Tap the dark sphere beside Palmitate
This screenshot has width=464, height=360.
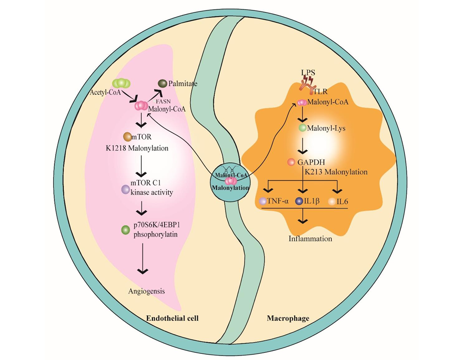coord(162,83)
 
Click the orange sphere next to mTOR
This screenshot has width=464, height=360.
coord(128,137)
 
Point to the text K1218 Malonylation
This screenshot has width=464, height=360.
coord(137,148)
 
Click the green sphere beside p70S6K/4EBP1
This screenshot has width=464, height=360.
coord(126,230)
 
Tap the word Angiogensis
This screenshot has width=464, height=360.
coord(146,291)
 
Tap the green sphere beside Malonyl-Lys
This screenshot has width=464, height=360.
coord(302,128)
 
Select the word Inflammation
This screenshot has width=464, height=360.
coord(310,238)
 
